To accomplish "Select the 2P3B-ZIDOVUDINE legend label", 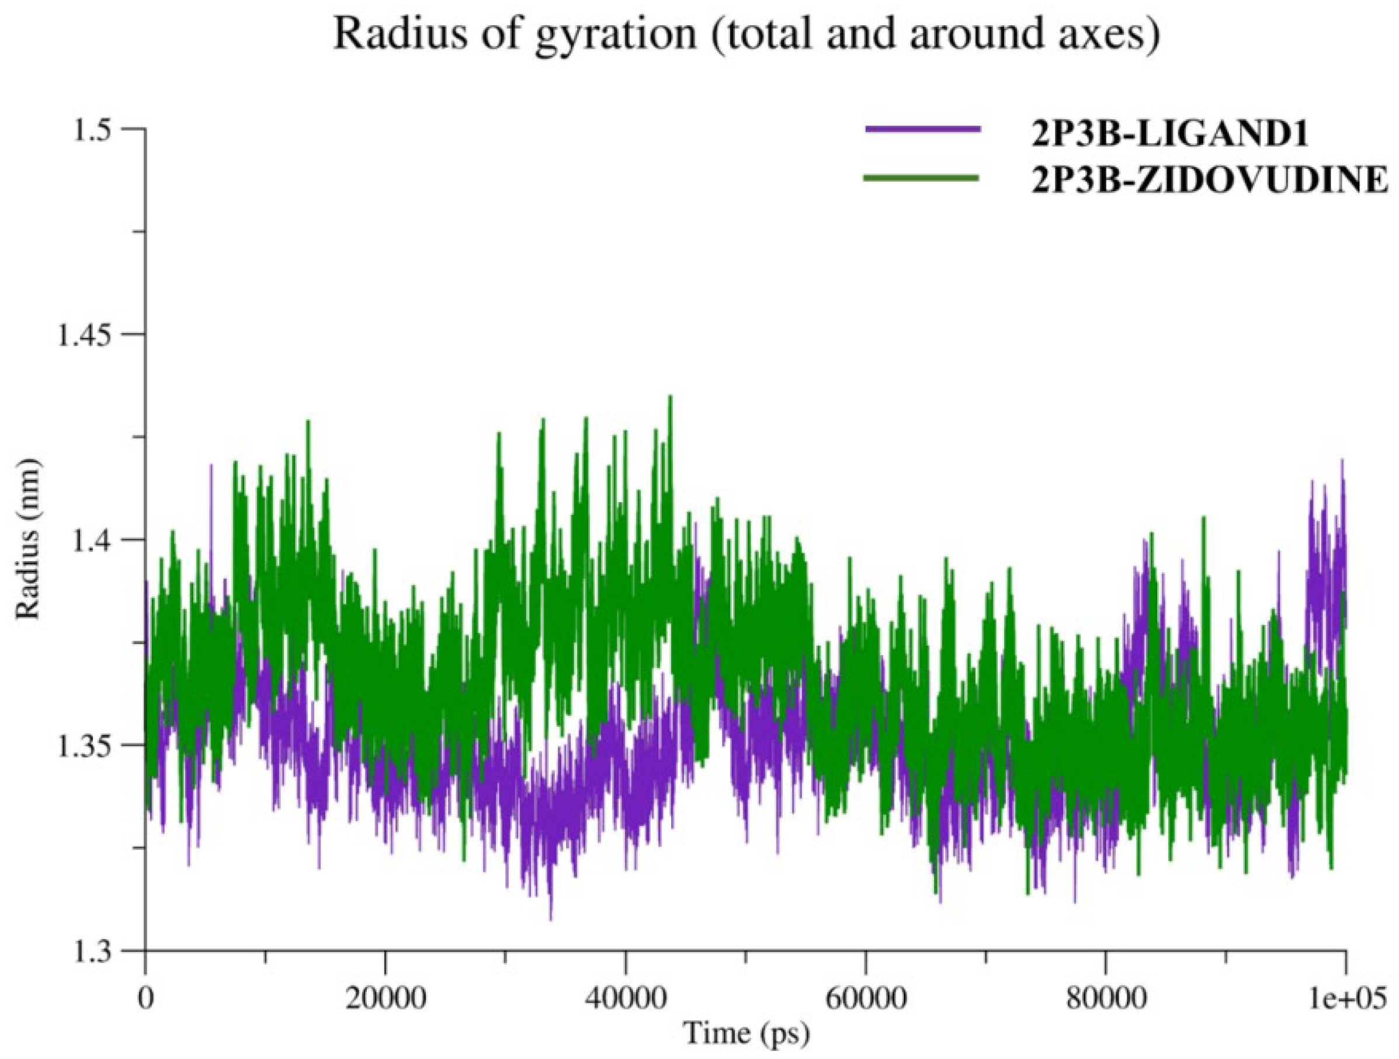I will (x=1209, y=182).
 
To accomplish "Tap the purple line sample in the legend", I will (x=922, y=129).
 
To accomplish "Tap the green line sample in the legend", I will (x=922, y=177).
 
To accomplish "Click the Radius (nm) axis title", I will (x=29, y=539).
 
